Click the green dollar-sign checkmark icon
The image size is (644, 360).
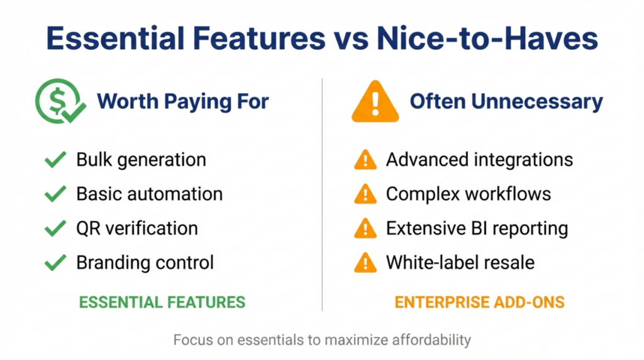point(60,102)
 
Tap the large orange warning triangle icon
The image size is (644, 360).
point(375,102)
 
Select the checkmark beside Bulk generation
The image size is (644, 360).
point(55,160)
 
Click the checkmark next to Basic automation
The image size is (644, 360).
point(55,194)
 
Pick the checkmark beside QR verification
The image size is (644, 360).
point(55,228)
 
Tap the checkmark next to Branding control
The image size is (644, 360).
point(55,262)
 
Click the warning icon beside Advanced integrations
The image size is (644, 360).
point(365,160)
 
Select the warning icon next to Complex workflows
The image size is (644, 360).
point(365,194)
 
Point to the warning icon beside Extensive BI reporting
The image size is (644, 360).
point(365,228)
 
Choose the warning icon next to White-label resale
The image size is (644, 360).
point(365,262)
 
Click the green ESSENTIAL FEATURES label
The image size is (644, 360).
point(162,303)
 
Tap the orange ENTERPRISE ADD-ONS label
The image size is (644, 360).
point(479,303)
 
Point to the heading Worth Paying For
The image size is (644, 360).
point(183,101)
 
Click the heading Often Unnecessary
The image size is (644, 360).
point(506,101)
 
